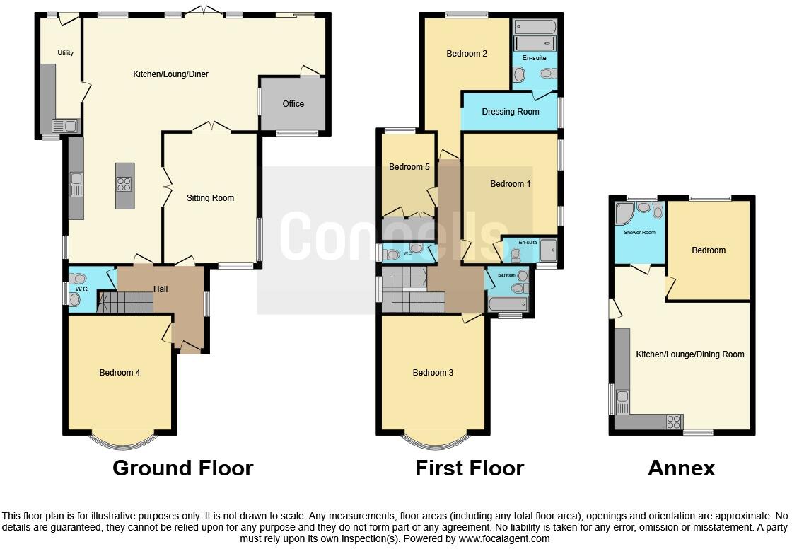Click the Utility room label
click(x=66, y=53)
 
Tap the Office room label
click(x=293, y=104)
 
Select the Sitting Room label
click(x=211, y=198)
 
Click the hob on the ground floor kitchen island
click(x=124, y=183)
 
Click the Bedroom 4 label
click(x=120, y=373)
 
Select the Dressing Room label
click(x=511, y=112)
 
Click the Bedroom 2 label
click(x=467, y=54)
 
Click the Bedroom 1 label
click(x=511, y=184)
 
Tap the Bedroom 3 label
click(x=433, y=373)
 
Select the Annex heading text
click(x=682, y=468)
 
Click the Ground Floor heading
click(x=183, y=468)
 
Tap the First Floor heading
click(x=470, y=468)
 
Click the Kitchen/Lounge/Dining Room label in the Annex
click(x=690, y=354)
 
